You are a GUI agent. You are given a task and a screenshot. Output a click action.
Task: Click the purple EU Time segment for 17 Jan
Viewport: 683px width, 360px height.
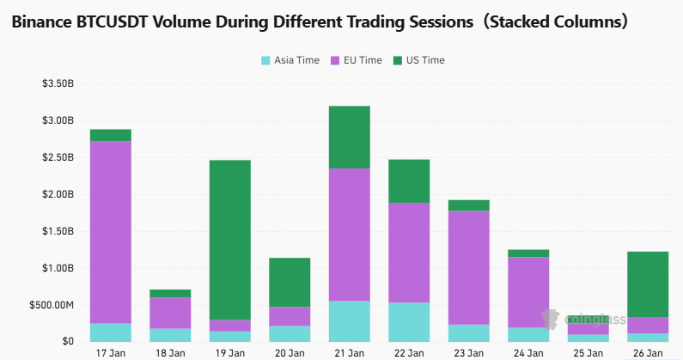point(111,232)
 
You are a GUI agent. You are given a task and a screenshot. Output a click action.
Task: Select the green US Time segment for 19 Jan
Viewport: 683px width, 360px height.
point(230,240)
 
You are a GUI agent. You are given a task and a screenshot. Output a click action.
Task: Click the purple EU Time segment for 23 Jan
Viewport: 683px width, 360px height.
point(468,267)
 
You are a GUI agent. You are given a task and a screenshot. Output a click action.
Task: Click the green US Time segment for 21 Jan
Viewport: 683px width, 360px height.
point(349,137)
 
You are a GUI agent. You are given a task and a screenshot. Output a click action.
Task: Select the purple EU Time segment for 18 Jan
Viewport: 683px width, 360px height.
point(170,313)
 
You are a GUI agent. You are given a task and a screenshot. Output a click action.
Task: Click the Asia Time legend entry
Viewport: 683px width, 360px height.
point(290,60)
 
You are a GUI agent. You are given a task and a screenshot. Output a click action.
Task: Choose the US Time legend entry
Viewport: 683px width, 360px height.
point(418,60)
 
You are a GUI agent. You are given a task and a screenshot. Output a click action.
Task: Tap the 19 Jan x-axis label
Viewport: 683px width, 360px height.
point(230,352)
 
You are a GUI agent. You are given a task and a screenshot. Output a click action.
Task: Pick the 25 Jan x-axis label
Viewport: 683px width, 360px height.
point(588,352)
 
